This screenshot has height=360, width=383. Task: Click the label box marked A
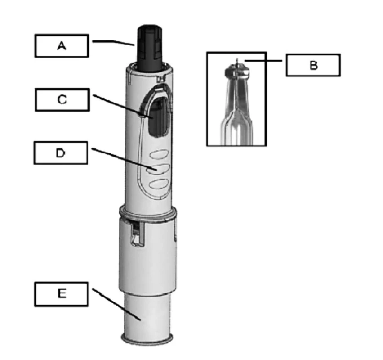coord(62,46)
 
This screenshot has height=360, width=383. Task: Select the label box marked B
coord(313,65)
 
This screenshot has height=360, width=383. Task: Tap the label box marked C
coord(62,100)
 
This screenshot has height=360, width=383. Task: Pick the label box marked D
coord(61,153)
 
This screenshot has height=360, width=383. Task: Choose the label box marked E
coord(61,294)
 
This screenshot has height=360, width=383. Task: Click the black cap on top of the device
coord(150,48)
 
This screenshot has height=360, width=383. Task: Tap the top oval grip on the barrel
coord(159,155)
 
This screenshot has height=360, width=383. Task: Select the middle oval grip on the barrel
coord(158,169)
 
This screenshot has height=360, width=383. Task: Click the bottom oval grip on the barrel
coord(159,184)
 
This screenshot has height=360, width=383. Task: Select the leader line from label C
coord(123,106)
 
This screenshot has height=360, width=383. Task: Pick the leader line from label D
coord(124,159)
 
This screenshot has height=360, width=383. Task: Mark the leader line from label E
coord(116,304)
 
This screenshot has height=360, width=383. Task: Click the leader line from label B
coord(263,60)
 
